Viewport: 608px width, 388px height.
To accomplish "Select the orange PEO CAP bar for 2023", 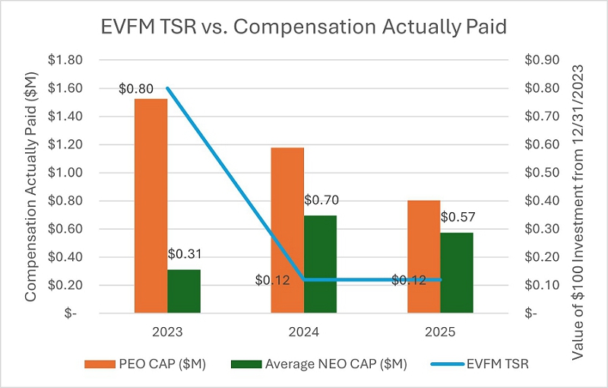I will coord(150,205).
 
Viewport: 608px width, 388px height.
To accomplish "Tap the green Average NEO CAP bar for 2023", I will coord(184,291).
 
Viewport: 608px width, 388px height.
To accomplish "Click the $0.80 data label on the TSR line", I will coord(135,88).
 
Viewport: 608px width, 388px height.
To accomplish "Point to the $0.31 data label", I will coord(184,253).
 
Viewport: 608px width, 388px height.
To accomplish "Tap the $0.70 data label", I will coord(321,200).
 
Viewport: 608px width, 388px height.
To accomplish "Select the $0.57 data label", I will coord(458,218).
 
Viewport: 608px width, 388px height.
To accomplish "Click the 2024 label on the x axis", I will coord(304,332).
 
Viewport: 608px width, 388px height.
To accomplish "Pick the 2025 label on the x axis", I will coord(441,332).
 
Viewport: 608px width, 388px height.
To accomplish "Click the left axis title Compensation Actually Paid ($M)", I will coord(31,186).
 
